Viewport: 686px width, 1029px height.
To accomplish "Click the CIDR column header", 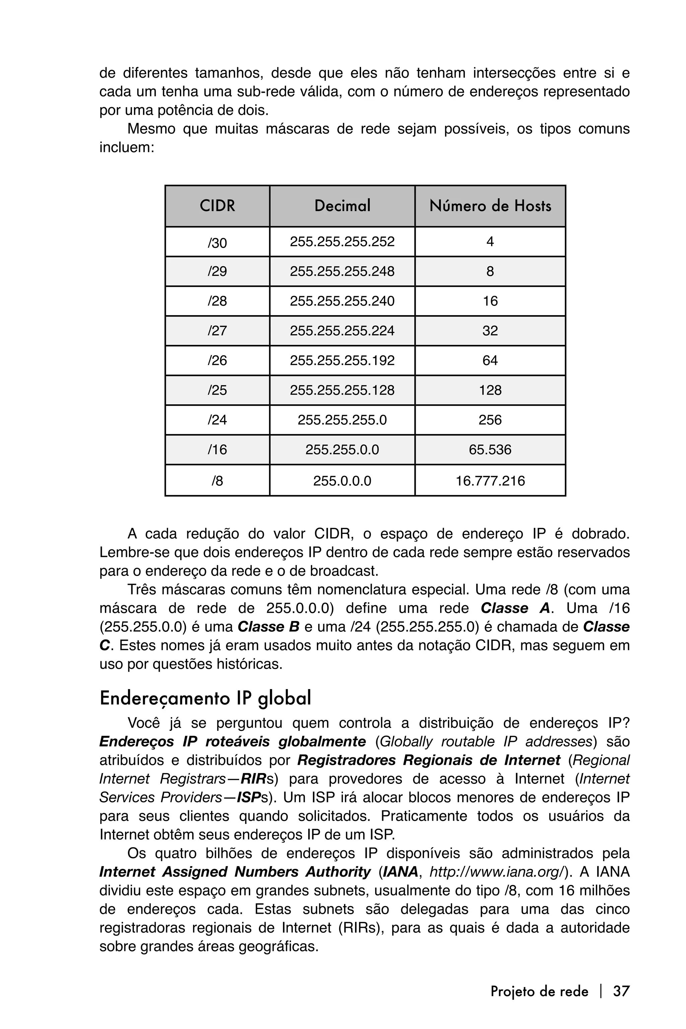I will [217, 206].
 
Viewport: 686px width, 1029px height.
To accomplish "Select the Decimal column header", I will [342, 206].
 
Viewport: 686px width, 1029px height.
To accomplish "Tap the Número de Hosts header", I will [490, 206].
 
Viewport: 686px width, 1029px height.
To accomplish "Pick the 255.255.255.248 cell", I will [342, 272].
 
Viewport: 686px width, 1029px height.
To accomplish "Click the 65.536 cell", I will [490, 450].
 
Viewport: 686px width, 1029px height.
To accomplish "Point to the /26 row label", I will [217, 360].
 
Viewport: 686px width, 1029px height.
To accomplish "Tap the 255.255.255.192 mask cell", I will [342, 360].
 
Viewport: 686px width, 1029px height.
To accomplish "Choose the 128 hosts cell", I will [490, 390].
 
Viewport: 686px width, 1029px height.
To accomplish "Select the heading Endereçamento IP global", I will [205, 698].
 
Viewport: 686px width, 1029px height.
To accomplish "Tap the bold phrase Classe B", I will [268, 627].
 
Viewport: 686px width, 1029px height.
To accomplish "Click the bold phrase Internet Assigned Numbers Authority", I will [235, 872].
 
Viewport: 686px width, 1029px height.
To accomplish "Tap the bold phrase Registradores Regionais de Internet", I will [429, 760].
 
